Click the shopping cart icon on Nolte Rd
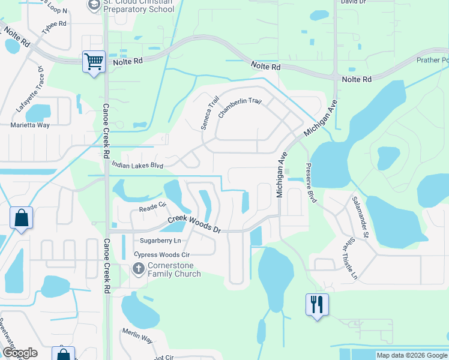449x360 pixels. [x=94, y=61]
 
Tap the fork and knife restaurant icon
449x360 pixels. [x=317, y=304]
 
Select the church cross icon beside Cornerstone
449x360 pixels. [x=139, y=268]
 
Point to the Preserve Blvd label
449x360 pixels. [x=310, y=182]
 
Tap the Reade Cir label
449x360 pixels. [x=152, y=208]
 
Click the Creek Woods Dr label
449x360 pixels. [x=194, y=224]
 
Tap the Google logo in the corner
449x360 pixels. [x=20, y=353]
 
